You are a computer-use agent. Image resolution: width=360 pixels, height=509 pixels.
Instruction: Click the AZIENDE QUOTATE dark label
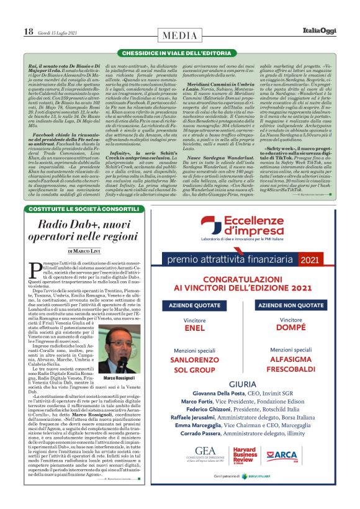pos(194,307)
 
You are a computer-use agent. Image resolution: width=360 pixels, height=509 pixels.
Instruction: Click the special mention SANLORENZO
pos(194,359)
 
